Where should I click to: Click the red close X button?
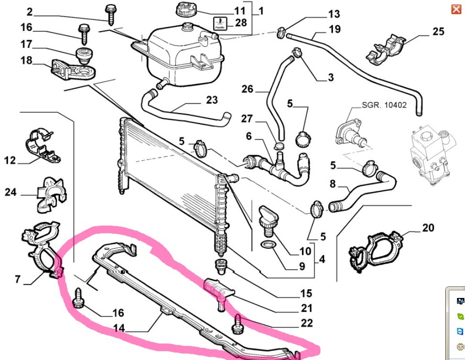pos(456,9)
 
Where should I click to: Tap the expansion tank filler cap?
pos(185,9)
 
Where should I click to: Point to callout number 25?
pos(438,32)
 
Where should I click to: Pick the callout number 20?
pos(428,228)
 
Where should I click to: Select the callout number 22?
pos(307,323)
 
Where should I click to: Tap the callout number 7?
pos(18,279)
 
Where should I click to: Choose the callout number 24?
pos(11,192)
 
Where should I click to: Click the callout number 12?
pos(11,160)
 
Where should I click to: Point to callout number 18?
pos(26,60)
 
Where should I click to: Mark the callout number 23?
pos(212,100)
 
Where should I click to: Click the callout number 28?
pos(240,22)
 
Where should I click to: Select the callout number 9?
pos(302,266)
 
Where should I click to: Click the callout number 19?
pos(335,29)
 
